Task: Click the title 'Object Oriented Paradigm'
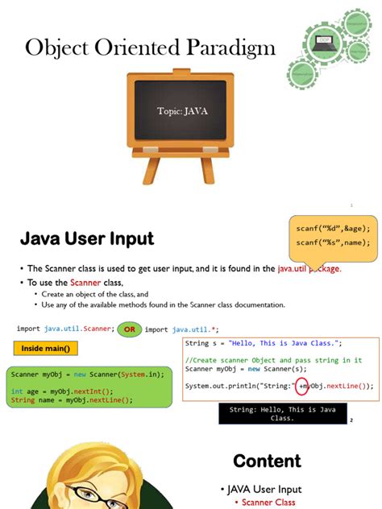click(150, 48)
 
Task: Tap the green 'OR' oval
click(128, 329)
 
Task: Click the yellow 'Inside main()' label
click(45, 349)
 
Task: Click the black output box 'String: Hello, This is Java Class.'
click(283, 414)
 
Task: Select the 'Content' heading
click(267, 461)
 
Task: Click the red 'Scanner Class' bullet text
click(269, 503)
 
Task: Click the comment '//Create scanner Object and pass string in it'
click(273, 360)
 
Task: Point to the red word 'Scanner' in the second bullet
click(85, 283)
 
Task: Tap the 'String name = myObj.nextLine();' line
click(72, 400)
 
